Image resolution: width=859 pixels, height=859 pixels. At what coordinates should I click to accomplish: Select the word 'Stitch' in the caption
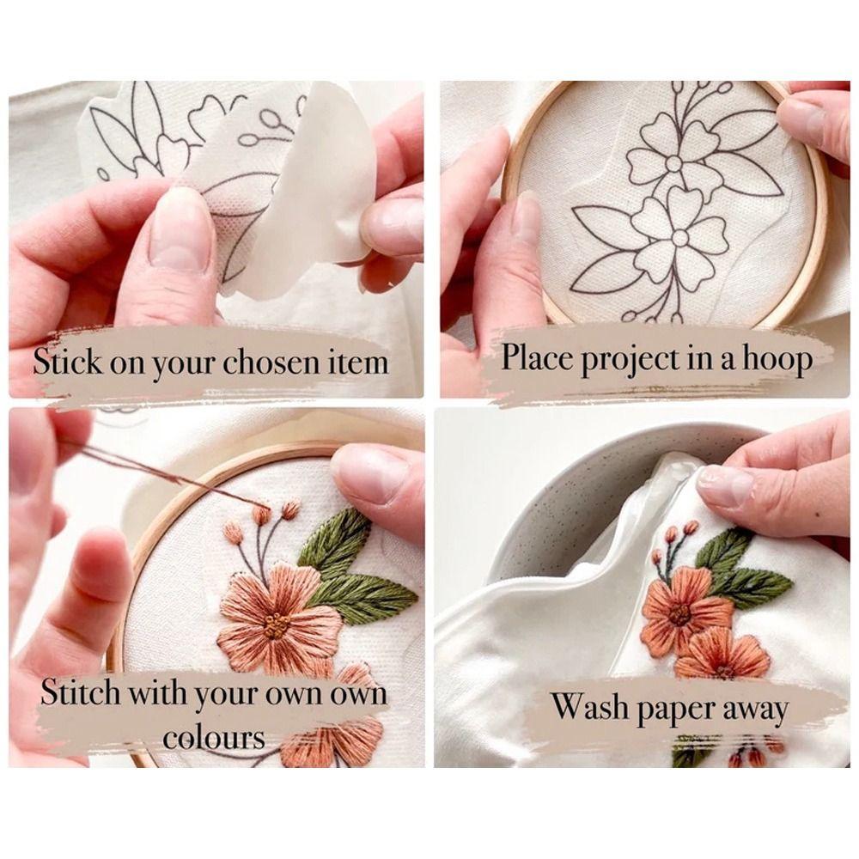coord(81,693)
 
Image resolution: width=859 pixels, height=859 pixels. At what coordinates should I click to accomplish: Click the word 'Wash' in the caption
coord(586,709)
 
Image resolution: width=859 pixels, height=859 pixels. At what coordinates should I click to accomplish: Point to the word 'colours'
coord(214,737)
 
